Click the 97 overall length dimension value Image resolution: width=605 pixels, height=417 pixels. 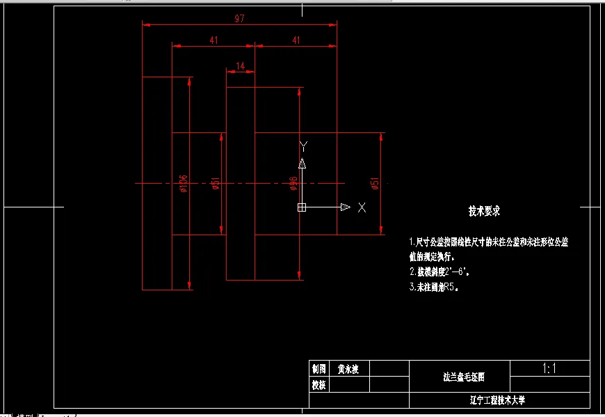pos(239,19)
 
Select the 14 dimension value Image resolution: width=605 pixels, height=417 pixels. pos(241,66)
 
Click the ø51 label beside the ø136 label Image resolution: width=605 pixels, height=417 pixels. pos(216,183)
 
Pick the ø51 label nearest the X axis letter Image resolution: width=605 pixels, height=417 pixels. pos(376,184)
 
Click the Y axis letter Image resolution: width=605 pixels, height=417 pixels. pos(303,145)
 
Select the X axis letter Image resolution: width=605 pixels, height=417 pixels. pos(362,207)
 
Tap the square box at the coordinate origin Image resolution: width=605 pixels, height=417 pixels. pos(302,207)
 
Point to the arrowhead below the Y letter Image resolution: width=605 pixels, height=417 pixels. pos(302,164)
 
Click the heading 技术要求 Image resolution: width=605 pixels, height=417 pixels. pos(485,210)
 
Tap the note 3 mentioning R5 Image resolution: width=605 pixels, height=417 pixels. pos(435,286)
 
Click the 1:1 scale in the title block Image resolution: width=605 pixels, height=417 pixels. pos(549,368)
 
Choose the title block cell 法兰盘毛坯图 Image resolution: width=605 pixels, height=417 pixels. pos(464,377)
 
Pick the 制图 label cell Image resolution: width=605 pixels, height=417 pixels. pos(319,369)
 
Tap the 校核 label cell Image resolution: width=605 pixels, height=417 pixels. pos(319,384)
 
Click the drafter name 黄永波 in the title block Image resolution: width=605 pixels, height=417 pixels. pos(348,369)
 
